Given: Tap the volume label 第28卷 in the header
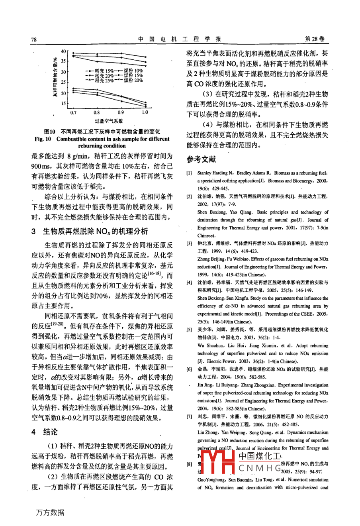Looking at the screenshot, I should click(x=315, y=39).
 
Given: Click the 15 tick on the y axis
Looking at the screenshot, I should click(x=63, y=104).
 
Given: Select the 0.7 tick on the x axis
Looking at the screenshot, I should click(x=73, y=113).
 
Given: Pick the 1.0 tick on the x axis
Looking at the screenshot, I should click(x=145, y=113).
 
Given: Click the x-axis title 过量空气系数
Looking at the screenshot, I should click(x=109, y=121).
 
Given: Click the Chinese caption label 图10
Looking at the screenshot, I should click(x=50, y=132).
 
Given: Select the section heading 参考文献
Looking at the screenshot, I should click(x=201, y=159).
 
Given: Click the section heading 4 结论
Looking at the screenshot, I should click(x=45, y=432).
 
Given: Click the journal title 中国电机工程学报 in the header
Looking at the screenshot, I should click(x=180, y=39).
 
